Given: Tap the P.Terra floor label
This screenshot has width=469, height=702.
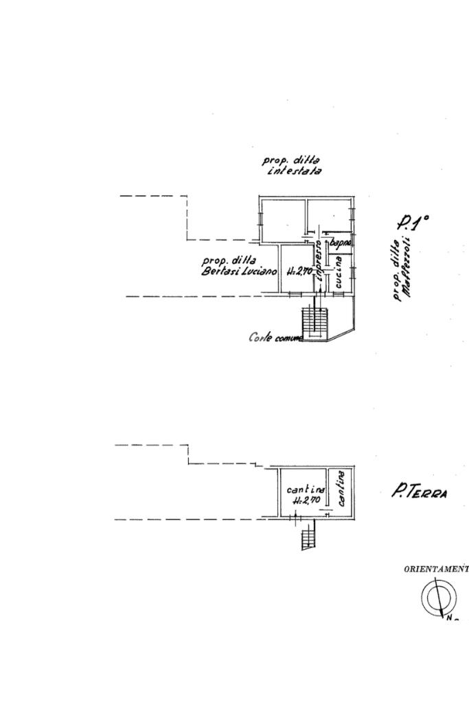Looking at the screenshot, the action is point(419,492).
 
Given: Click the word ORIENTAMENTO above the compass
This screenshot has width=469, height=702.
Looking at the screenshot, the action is point(435,568).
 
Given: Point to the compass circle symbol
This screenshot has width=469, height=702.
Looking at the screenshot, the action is point(435,597).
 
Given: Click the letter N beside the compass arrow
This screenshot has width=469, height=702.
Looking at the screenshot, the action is point(449,618).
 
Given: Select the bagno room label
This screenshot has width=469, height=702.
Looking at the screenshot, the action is point(341,243).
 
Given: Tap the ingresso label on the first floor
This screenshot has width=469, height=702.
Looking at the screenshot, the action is point(319,265).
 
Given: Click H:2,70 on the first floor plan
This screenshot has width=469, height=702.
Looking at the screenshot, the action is point(299,271).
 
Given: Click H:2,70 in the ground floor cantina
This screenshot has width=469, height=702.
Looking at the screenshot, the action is point(306,500).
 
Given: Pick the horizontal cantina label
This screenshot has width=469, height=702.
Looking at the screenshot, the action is point(306,489).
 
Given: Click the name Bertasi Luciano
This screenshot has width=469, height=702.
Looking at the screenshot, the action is point(238,271).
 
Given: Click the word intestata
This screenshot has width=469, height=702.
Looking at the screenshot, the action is point(293,171).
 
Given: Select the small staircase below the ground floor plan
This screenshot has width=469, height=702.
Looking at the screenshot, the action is point(308,537).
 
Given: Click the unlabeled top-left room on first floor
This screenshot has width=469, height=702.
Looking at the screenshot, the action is point(282,218).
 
